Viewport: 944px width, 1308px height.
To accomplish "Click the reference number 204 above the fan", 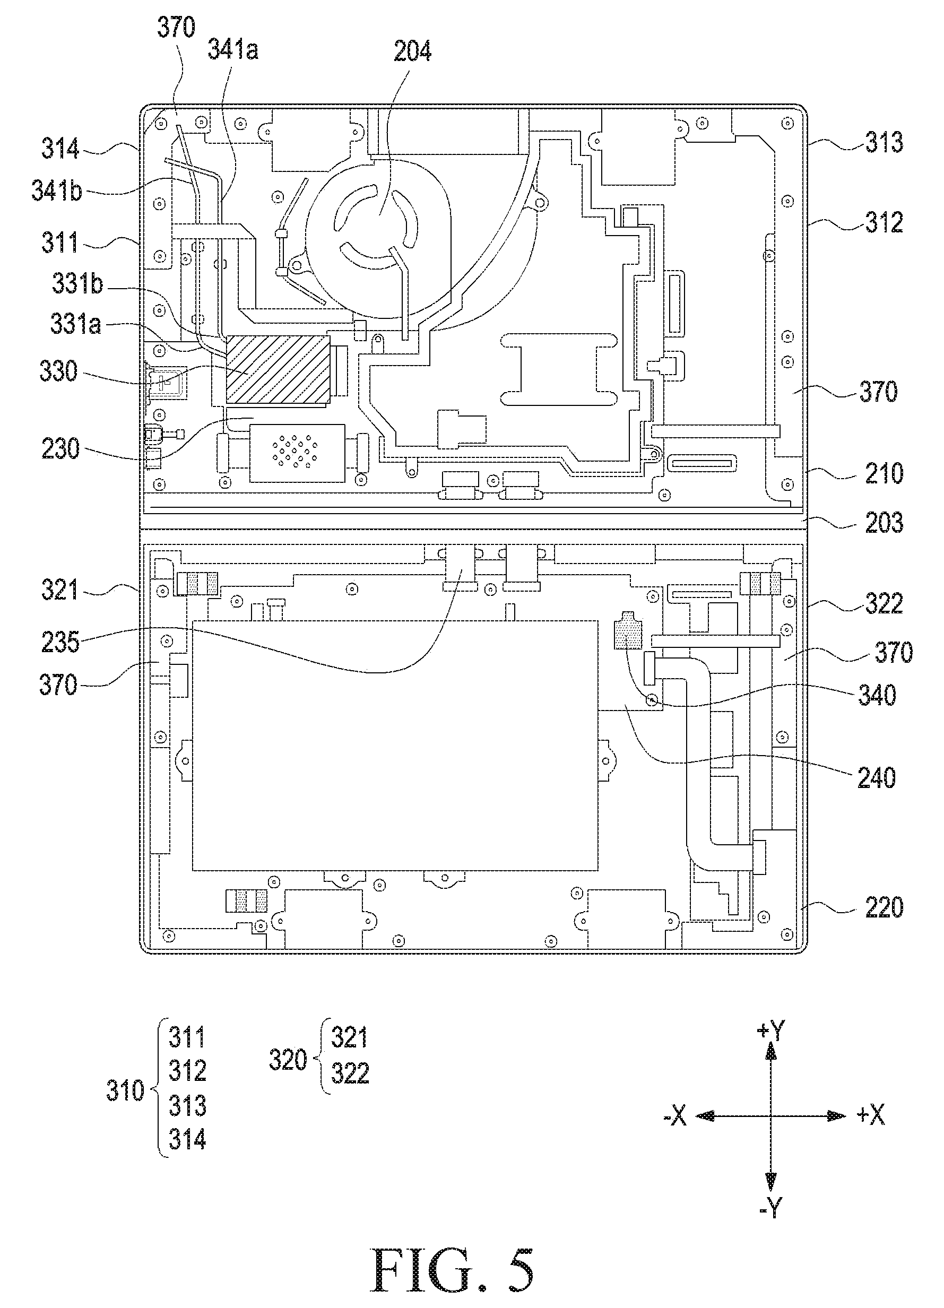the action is pos(412,51).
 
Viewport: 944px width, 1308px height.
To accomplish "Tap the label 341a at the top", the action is pos(233,50).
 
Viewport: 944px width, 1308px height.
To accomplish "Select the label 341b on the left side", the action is pos(57,191).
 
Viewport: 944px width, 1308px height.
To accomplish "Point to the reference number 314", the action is pos(60,149).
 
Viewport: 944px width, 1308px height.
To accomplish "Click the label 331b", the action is pos(77,284).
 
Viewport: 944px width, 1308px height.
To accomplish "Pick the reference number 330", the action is pos(58,371).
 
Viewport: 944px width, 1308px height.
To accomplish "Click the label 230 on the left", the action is pos(60,449).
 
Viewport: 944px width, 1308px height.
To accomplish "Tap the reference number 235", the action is pos(60,642).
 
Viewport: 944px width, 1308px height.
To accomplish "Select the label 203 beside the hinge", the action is pos(884,523).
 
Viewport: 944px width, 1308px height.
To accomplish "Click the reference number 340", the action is pos(877,696).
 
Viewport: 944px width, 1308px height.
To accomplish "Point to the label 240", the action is pos(877,778).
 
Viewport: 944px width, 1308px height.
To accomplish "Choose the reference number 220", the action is pos(884,908).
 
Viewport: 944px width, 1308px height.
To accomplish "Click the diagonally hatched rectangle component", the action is pos(278,369).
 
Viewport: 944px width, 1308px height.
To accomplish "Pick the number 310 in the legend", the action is pos(125,1090).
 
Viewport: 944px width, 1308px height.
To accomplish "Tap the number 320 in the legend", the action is pos(288,1060).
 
